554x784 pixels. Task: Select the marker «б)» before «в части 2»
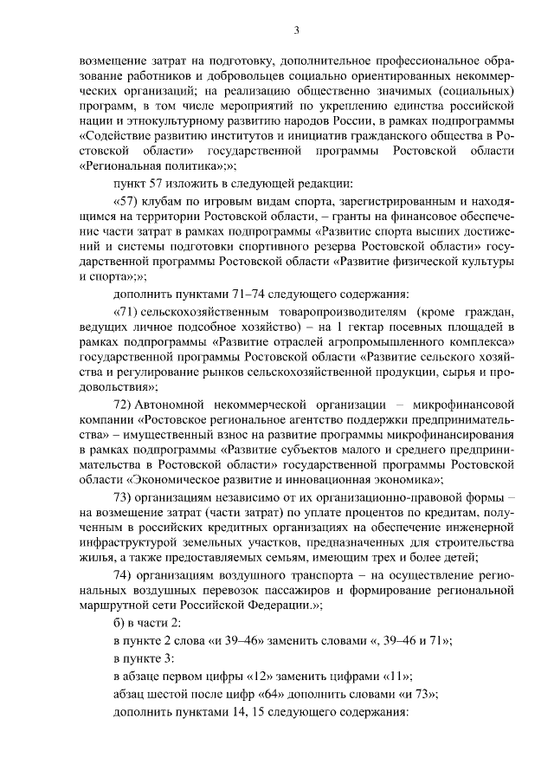pos(119,624)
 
